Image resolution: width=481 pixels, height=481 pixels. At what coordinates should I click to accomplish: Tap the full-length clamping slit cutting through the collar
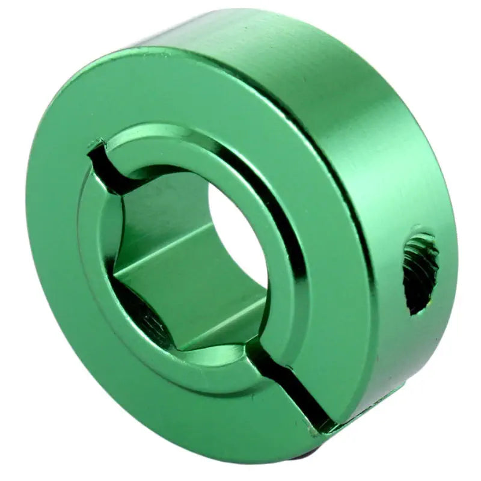click(295, 385)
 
